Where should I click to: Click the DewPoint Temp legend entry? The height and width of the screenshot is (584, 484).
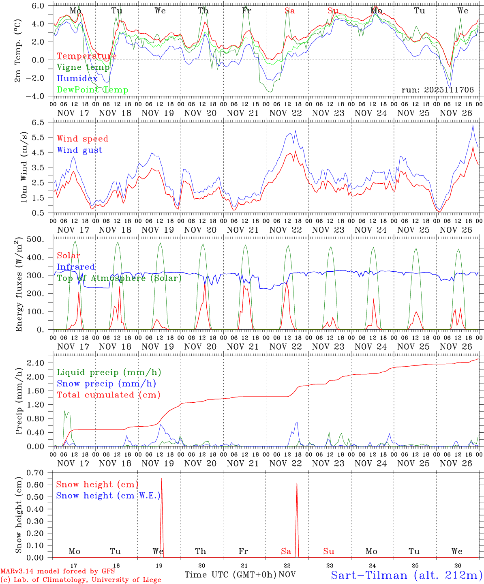[x=92, y=90]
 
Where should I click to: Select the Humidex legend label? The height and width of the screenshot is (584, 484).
[x=77, y=79]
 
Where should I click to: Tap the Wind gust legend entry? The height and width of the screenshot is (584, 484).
[x=79, y=150]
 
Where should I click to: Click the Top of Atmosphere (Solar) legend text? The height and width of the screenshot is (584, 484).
[x=119, y=278]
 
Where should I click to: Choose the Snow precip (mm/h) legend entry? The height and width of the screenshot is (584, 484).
[x=106, y=384]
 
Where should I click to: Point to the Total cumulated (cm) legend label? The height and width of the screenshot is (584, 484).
[x=108, y=395]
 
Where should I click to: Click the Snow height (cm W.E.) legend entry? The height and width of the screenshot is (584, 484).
[x=108, y=496]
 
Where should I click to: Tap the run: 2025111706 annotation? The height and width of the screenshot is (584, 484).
[x=437, y=90]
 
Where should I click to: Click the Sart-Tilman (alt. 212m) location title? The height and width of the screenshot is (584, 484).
[x=406, y=575]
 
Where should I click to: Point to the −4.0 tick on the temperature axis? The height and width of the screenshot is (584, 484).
[x=41, y=96]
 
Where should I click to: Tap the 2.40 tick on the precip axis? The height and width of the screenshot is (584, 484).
[x=41, y=363]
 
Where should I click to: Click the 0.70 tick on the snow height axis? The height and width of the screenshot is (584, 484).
[x=41, y=472]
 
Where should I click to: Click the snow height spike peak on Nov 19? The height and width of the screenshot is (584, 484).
[x=162, y=479]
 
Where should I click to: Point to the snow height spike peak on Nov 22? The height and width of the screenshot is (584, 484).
[x=297, y=483]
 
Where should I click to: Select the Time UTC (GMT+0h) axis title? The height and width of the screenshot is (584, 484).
[x=230, y=575]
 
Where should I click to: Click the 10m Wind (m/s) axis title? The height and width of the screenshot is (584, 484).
[x=24, y=167]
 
